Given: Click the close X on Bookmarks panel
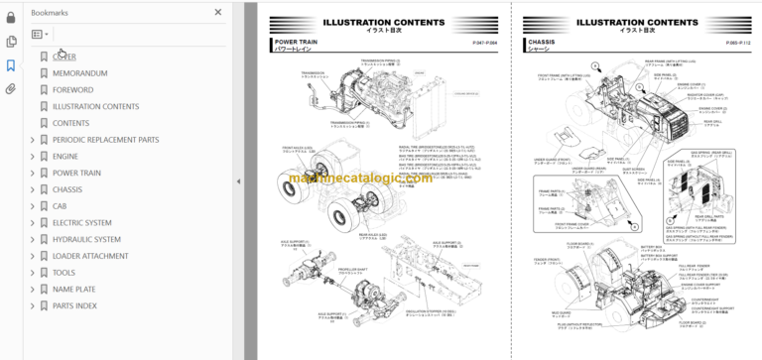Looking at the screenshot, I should pos(218,13).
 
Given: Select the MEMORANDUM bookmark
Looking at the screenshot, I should pos(79,73).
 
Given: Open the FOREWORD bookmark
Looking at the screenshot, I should pos(73,90).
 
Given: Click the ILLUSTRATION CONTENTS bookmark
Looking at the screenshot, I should pos(95,106).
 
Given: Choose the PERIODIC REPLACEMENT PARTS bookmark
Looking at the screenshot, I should pos(105,140).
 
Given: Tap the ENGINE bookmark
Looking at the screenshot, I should pos(65,157).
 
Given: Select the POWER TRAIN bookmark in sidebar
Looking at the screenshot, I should pos(76,173).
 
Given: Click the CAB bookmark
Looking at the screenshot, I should pos(61,206).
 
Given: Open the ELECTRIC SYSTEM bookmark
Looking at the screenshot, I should pos(81,223).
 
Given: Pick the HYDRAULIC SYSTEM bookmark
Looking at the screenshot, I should pos(86,239).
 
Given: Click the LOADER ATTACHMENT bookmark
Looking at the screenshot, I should pos(90,256).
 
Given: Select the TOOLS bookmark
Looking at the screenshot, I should pos(63,273).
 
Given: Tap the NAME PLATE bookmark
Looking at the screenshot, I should pos(73,289).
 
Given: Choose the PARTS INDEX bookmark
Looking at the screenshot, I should pos(74,305).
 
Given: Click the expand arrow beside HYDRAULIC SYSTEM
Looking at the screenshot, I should pos(32,239).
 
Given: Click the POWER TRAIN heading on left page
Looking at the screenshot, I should pos(295,43).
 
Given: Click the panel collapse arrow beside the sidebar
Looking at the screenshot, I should pos(238,181).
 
